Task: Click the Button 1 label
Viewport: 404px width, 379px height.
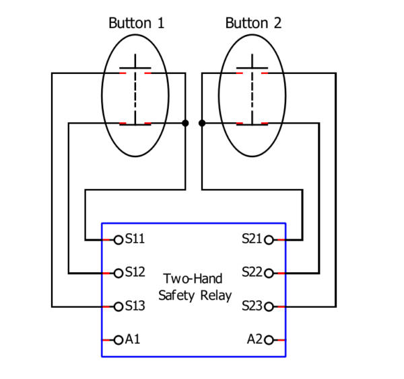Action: (136, 23)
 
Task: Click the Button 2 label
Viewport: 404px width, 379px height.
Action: (253, 23)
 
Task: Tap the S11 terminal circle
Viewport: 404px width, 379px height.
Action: (119, 239)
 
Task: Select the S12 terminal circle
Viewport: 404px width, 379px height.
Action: (119, 273)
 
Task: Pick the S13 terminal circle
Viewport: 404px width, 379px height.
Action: (119, 306)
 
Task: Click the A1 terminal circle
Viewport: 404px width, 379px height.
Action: (119, 340)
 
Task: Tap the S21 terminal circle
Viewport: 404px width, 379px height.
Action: (269, 239)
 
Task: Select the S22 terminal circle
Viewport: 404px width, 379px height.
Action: (269, 273)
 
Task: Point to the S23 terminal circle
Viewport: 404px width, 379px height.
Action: (269, 306)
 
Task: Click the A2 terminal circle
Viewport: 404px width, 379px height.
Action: (269, 340)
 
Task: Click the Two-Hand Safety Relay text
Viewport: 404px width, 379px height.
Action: (195, 287)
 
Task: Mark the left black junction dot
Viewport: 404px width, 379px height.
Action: (185, 123)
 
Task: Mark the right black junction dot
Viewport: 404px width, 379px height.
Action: (202, 123)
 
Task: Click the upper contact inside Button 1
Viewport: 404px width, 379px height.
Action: (135, 72)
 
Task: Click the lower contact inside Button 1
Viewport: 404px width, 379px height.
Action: (135, 124)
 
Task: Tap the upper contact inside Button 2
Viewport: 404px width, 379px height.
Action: (252, 72)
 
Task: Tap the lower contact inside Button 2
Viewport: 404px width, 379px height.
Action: (252, 124)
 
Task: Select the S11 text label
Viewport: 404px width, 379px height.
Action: (135, 239)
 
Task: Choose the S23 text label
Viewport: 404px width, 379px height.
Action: (252, 306)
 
